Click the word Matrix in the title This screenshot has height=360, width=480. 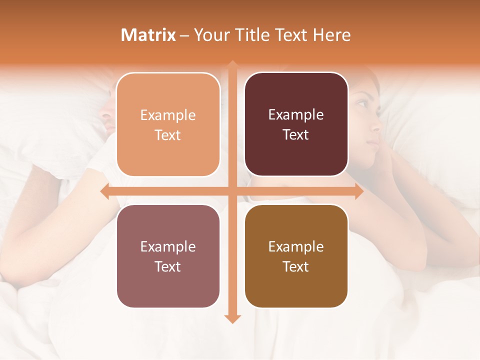pyautogui.click(x=148, y=35)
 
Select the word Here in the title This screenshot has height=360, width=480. pyautogui.click(x=331, y=35)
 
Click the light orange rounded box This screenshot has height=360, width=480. pyautogui.click(x=168, y=124)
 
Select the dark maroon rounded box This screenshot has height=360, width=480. pyautogui.click(x=296, y=124)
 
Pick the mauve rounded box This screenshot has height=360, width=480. pyautogui.click(x=168, y=256)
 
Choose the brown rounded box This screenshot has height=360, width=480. pyautogui.click(x=296, y=256)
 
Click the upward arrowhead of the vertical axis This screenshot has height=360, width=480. pyautogui.click(x=232, y=64)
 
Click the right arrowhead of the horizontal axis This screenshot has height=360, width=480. pyautogui.click(x=359, y=191)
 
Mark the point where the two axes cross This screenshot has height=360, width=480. pyautogui.click(x=232, y=191)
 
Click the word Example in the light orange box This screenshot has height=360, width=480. pyautogui.click(x=168, y=115)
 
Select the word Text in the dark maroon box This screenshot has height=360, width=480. pyautogui.click(x=296, y=135)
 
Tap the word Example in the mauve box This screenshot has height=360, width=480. pyautogui.click(x=168, y=246)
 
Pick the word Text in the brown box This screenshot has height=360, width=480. pyautogui.click(x=296, y=266)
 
